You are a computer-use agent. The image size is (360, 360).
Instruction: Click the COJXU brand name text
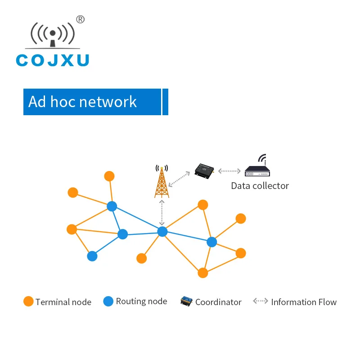[53, 60]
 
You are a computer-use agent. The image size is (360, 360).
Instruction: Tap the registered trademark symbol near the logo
[80, 19]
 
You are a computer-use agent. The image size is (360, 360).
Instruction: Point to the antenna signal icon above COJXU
[53, 34]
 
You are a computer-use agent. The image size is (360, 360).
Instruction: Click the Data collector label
[260, 185]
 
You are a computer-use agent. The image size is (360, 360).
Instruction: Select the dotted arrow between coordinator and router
[229, 171]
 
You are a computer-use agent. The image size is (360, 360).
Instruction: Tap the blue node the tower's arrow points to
[162, 231]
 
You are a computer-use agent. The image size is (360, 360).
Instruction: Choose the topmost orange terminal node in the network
[109, 176]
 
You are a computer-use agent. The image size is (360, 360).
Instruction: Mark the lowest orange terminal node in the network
[203, 273]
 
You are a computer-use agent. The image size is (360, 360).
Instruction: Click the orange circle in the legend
[28, 301]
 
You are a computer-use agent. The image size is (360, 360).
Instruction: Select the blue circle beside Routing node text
[108, 301]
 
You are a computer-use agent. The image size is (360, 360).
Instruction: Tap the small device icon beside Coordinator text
[186, 301]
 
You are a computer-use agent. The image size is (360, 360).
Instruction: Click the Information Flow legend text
[304, 302]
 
